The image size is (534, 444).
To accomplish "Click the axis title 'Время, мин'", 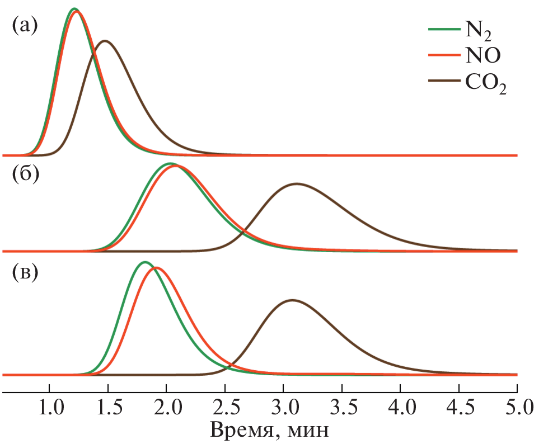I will tap(268, 430).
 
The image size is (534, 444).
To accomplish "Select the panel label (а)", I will tap(25, 26).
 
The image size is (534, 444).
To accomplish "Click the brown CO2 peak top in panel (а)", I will tap(105, 41).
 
